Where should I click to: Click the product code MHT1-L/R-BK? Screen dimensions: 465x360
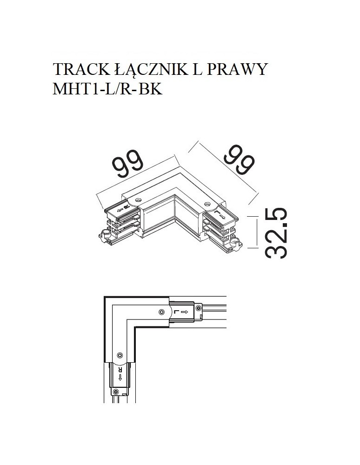pos(108,88)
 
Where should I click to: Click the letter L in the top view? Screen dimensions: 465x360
pos(175,312)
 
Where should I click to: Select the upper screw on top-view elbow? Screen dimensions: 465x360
pos(161,312)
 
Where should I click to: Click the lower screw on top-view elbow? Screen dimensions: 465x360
pos(119,355)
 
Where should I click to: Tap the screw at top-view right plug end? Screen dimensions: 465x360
pos(199,307)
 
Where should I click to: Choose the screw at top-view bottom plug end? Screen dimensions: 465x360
pos(114,393)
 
